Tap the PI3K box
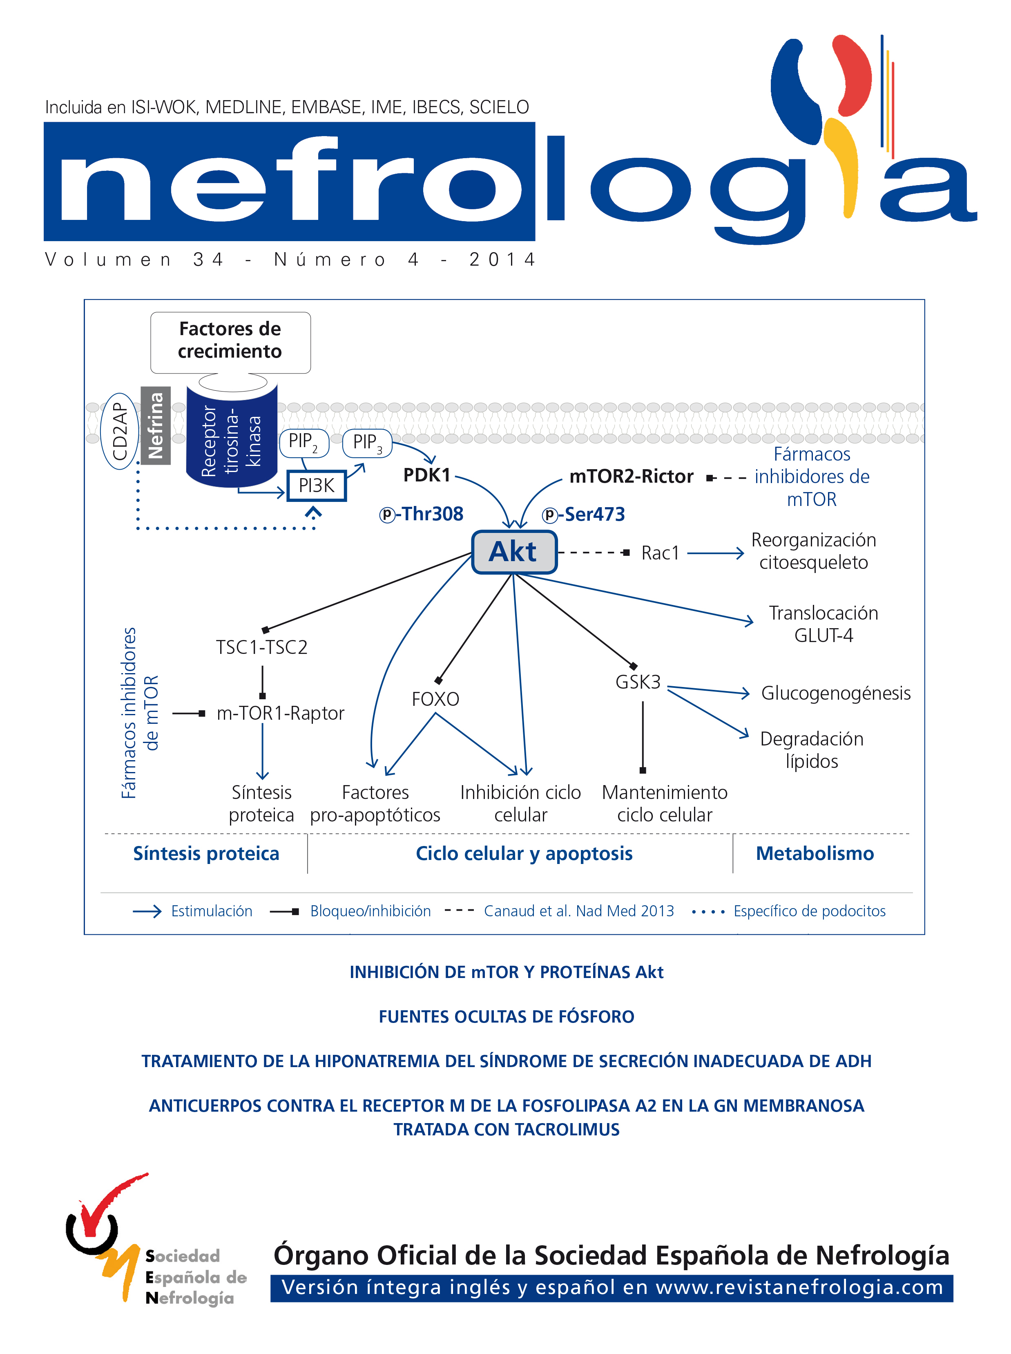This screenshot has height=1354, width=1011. tap(317, 486)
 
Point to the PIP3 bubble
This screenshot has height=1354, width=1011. tap(366, 443)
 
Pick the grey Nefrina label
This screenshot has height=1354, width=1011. tap(156, 425)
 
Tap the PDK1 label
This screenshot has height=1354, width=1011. tap(426, 474)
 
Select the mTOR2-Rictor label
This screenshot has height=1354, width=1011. tap(631, 476)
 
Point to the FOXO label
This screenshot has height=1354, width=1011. tap(435, 699)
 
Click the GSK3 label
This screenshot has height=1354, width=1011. tap(638, 682)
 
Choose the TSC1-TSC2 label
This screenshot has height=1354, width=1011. tap(261, 647)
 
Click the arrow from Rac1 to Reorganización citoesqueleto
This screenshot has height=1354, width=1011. tap(715, 553)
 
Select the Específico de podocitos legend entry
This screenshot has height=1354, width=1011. tap(809, 911)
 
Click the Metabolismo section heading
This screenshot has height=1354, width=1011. tap(815, 853)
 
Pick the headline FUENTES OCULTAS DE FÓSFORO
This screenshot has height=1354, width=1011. tap(506, 1017)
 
